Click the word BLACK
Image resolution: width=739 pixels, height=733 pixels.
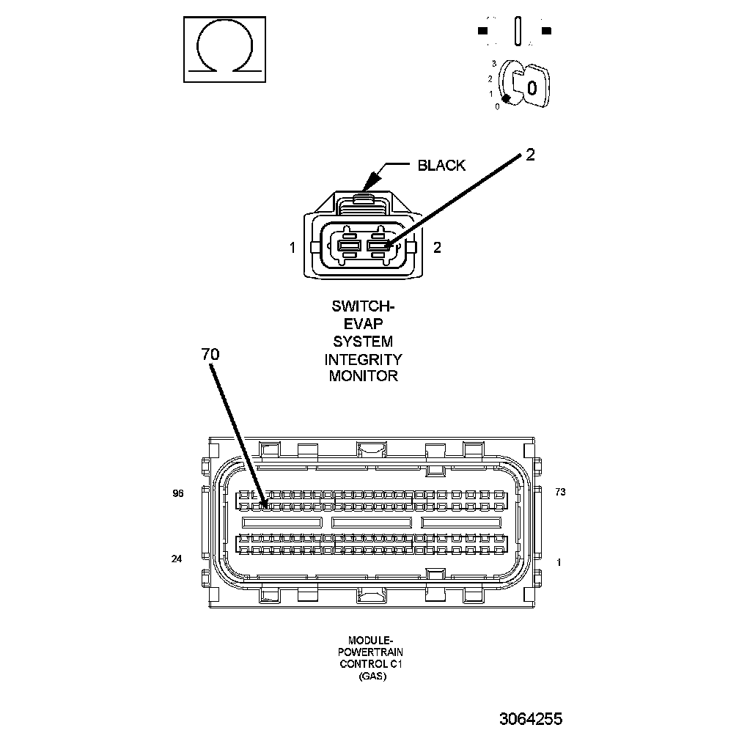click(x=441, y=165)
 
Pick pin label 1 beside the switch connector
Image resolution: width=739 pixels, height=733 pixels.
click(x=293, y=248)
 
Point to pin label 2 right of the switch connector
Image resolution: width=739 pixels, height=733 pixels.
click(x=438, y=248)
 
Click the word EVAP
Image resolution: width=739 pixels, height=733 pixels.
click(x=364, y=323)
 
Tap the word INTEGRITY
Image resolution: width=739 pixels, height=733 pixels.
click(x=364, y=359)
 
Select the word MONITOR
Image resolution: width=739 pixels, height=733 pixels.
click(x=364, y=377)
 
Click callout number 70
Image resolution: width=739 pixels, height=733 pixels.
click(x=210, y=354)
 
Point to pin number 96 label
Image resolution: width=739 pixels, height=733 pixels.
click(x=177, y=493)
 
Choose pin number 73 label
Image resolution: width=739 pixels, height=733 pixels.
click(x=560, y=493)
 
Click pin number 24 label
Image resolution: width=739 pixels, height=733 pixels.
click(x=176, y=559)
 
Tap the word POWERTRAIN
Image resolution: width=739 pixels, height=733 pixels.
click(x=371, y=652)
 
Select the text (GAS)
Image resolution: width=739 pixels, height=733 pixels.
click(x=371, y=676)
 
